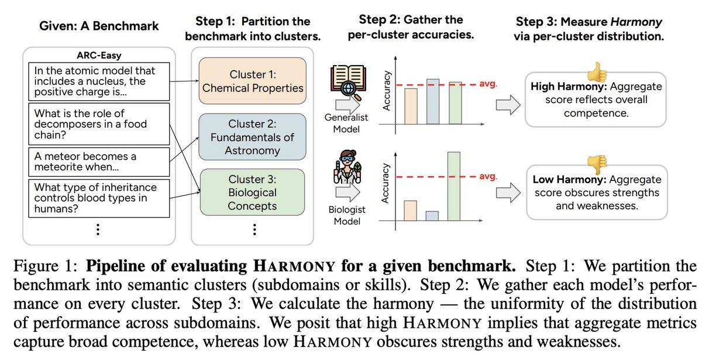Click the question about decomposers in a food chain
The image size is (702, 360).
tap(98, 124)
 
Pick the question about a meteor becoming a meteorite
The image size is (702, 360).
tap(98, 163)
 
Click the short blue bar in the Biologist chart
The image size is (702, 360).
tap(432, 215)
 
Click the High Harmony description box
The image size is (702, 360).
tap(596, 100)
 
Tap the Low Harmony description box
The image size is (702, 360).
tap(596, 192)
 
